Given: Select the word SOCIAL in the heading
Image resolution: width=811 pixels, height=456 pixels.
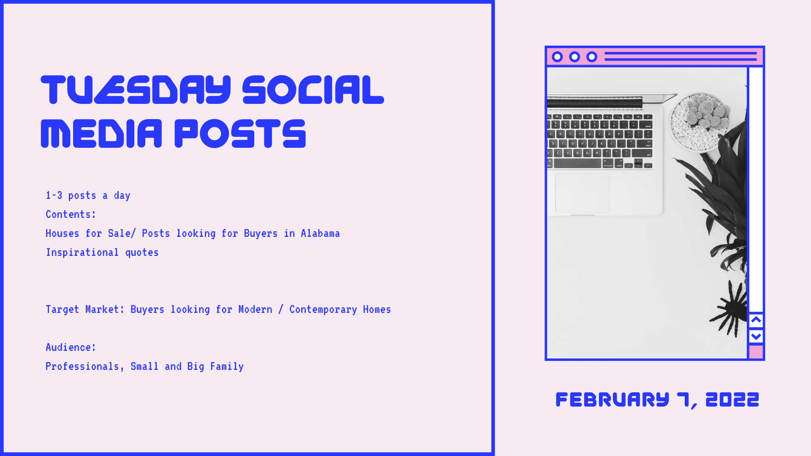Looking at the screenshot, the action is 313,90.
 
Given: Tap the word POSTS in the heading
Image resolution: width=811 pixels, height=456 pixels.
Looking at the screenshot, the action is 240,133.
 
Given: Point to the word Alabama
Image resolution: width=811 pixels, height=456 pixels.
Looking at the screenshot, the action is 320,233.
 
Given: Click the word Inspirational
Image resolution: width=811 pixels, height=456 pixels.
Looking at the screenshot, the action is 82,252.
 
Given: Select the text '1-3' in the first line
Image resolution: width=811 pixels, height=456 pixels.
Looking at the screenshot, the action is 54,195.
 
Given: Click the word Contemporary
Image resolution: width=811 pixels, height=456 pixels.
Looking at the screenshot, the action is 323,309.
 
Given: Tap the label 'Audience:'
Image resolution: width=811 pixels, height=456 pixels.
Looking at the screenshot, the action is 71,347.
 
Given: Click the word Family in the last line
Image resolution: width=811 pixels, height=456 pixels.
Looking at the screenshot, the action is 227,366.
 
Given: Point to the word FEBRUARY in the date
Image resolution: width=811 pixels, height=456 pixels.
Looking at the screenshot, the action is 612,399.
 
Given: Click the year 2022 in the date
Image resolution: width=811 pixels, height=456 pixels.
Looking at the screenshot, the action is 732,399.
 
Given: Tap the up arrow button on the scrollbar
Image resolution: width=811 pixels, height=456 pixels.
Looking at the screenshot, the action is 756,320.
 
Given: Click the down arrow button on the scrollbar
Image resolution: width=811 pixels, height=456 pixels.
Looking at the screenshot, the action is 756,337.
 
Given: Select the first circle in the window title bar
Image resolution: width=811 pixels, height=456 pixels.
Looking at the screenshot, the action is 558,57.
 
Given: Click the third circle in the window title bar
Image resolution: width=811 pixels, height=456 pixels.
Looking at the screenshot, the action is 592,57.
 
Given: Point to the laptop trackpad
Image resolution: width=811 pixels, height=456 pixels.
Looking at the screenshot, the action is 582,193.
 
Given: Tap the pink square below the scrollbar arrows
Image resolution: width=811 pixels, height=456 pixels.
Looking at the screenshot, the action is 756,352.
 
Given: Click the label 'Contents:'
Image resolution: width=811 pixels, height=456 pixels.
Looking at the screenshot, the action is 71,214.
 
